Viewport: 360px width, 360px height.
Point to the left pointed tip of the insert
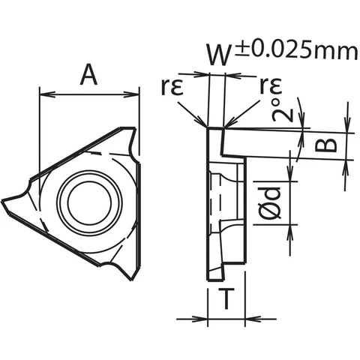6,201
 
